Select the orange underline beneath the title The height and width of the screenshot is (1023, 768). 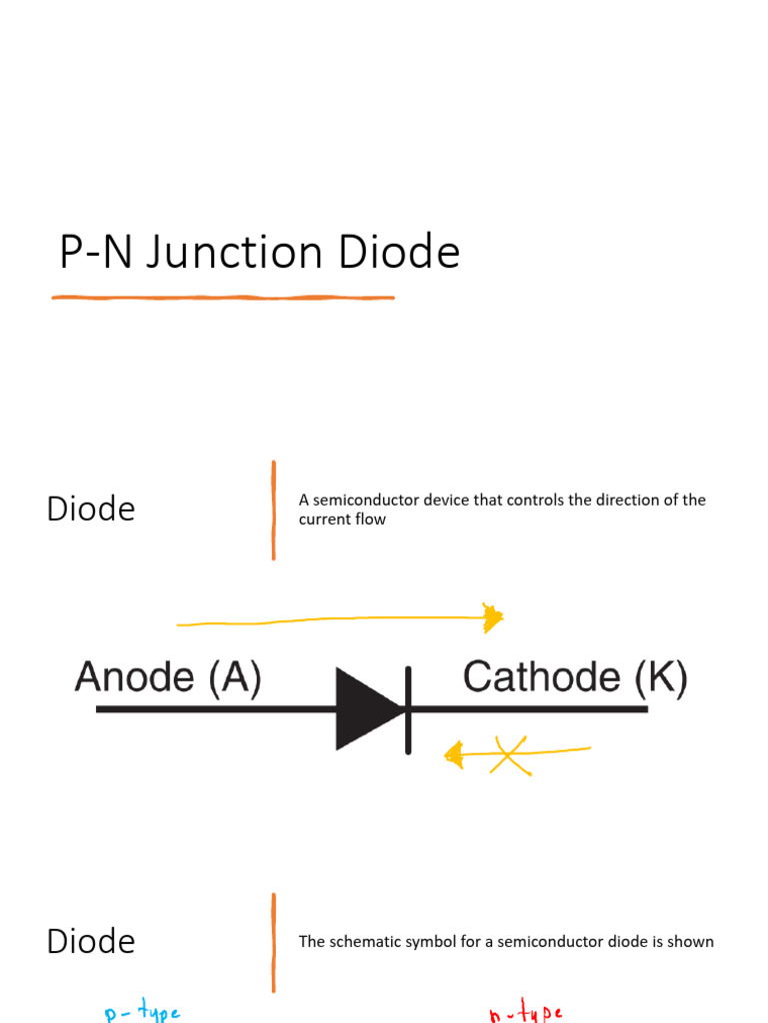tap(223, 297)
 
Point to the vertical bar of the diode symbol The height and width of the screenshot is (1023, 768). tap(408, 709)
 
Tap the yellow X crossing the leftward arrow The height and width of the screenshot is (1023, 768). tap(511, 755)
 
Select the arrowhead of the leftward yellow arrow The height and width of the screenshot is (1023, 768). tap(454, 755)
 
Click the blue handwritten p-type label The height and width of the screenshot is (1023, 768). tap(142, 1013)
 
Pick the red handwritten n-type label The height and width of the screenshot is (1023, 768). tap(526, 1014)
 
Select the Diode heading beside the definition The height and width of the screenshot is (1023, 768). tap(91, 509)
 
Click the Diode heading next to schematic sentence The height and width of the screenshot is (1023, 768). tap(91, 941)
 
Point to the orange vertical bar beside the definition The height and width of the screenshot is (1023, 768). tap(273, 510)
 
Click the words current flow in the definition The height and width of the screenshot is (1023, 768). tap(342, 519)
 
